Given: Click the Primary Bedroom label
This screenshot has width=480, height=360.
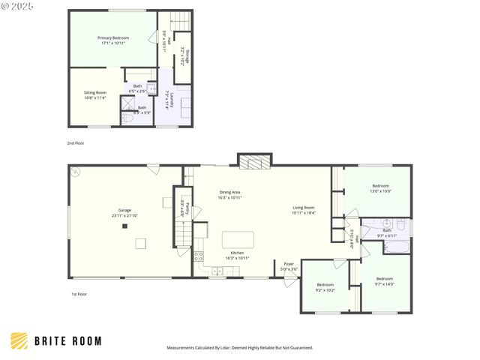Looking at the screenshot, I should tap(112, 40).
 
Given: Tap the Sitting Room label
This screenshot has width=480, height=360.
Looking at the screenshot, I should tap(94, 94).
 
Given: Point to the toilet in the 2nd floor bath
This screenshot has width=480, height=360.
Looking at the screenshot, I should tap(127, 118).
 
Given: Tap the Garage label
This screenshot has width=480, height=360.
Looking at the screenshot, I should tap(124, 213).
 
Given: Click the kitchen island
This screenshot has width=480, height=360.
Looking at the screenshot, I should tap(238, 240).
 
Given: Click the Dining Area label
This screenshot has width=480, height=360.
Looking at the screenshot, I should tap(229, 194).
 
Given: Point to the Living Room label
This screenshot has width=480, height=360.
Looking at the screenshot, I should tap(303, 210).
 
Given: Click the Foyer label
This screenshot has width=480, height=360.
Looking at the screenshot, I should tap(289, 266).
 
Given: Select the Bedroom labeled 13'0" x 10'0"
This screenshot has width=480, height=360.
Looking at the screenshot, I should tap(381, 188).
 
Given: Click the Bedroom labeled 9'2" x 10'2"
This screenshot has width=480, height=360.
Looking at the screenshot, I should tap(325, 287).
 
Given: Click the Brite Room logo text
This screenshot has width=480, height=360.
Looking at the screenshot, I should tap(67, 341).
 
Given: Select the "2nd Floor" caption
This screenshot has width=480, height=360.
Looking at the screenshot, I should tap(76, 142).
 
